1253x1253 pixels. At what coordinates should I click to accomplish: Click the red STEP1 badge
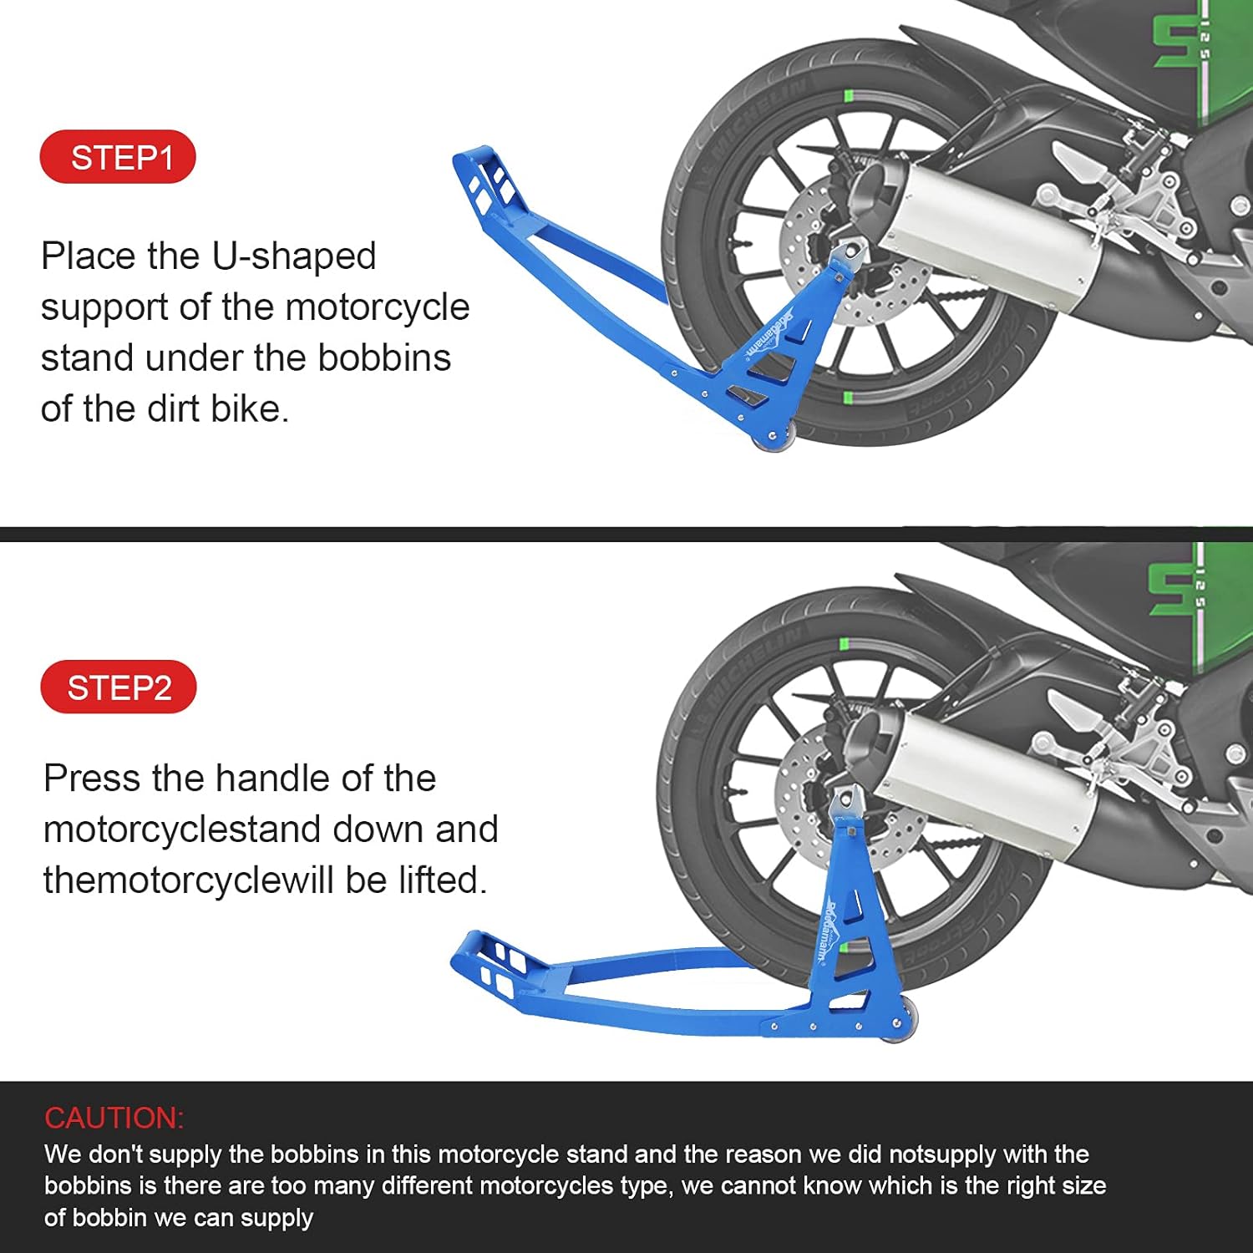tap(118, 157)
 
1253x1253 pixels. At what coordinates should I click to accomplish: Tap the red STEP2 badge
tap(119, 687)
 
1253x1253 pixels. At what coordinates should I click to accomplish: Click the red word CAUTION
tap(114, 1118)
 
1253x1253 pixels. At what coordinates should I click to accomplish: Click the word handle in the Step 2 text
tap(276, 779)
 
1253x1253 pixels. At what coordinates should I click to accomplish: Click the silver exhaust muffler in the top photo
tap(986, 226)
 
